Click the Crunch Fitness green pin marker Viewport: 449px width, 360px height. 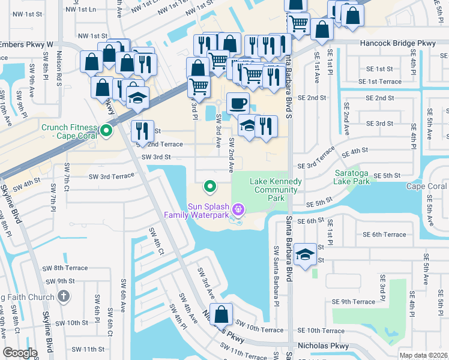107,130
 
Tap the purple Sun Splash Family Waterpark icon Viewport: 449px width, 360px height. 238,209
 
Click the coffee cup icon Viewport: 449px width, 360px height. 238,103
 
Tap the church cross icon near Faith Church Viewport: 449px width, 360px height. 65,296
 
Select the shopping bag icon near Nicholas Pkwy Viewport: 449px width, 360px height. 221,314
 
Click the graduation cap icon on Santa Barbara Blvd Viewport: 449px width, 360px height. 305,255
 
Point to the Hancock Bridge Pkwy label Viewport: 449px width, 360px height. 397,43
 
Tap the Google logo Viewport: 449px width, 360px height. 20,353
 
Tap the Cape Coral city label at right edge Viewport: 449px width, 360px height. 426,186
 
